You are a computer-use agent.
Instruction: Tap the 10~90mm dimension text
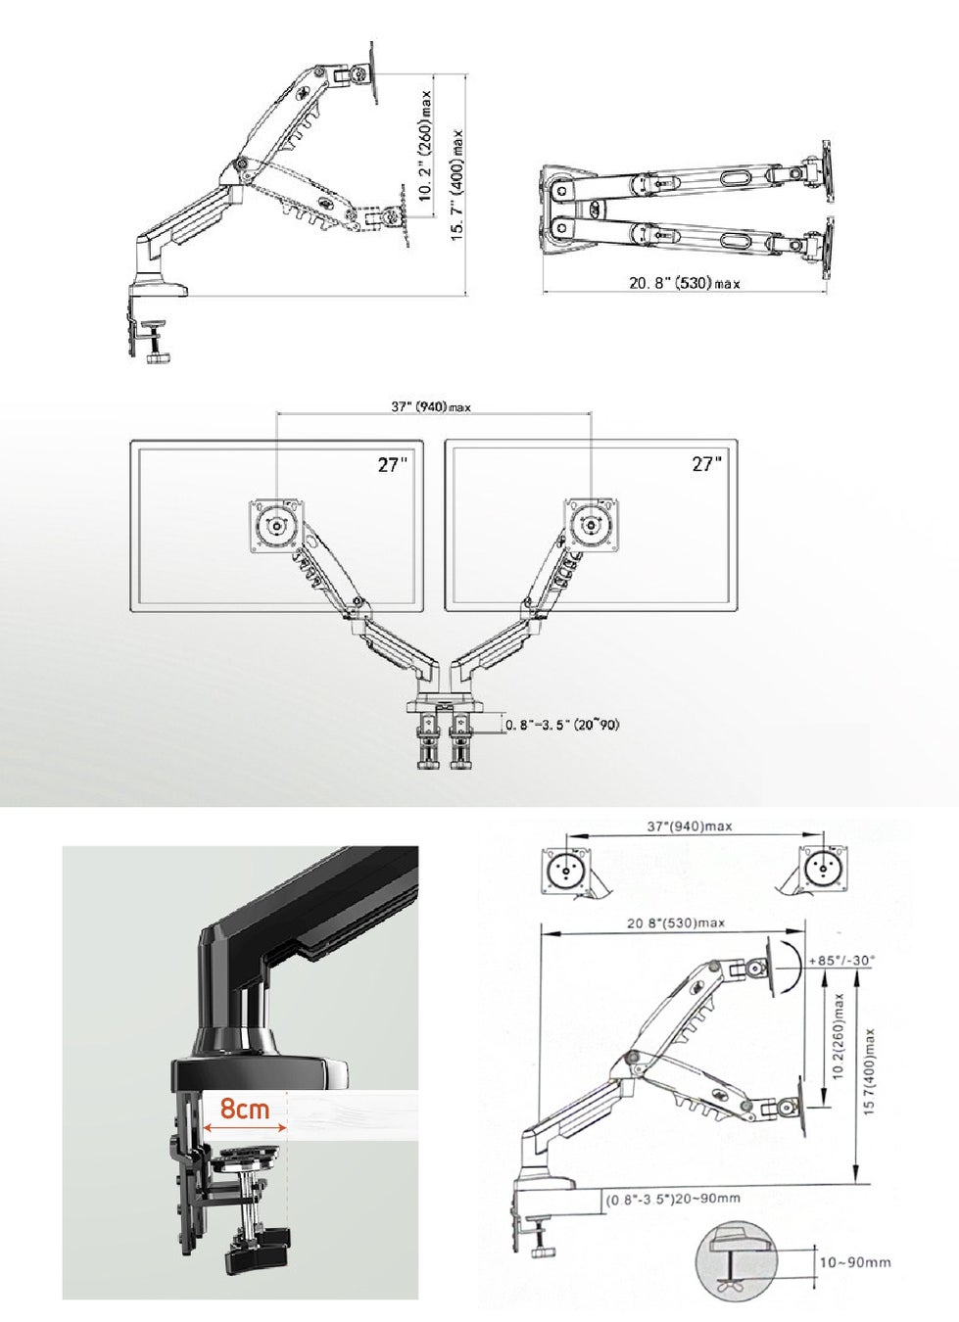[855, 1262]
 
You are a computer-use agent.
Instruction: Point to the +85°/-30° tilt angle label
[839, 960]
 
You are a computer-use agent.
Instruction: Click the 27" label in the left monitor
[393, 464]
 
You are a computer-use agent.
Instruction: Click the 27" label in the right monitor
[706, 463]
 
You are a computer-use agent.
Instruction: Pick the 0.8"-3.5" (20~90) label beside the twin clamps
[562, 725]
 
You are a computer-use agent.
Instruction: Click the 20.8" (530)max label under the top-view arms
[684, 283]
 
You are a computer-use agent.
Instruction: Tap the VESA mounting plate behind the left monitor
[276, 526]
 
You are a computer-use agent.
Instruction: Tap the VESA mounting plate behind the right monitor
[592, 525]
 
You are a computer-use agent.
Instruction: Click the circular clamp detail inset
[734, 1261]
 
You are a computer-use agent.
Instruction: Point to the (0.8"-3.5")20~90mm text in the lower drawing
[673, 1199]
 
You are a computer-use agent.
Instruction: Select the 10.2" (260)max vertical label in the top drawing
[425, 146]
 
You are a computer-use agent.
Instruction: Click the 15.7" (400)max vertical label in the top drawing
[456, 185]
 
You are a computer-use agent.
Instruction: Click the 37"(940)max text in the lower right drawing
[689, 826]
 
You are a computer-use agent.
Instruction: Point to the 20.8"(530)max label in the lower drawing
[676, 922]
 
